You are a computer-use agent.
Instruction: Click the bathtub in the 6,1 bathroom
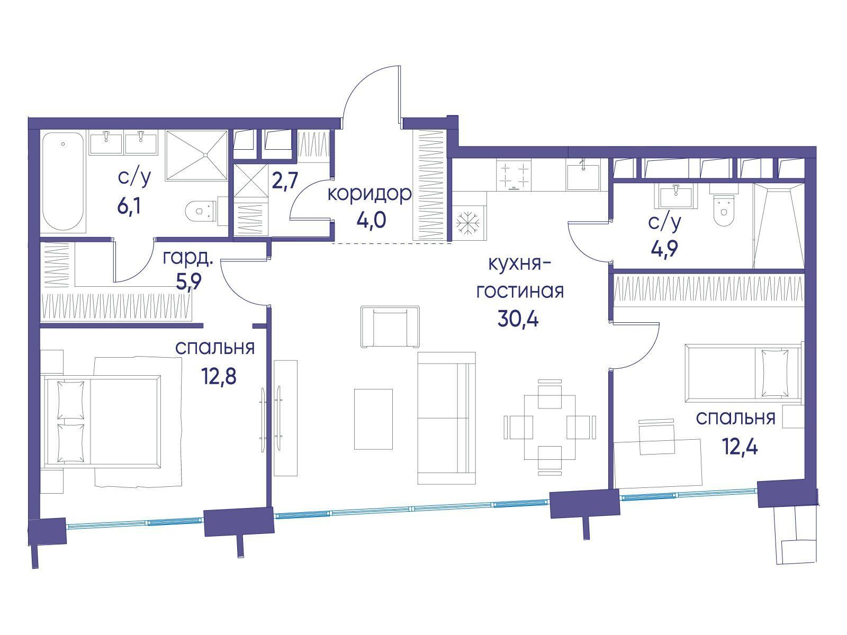click(x=64, y=182)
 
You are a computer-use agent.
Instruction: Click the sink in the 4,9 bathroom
click(x=675, y=196)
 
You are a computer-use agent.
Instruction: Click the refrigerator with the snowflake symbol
click(x=468, y=222)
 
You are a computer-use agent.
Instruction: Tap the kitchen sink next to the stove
click(x=583, y=176)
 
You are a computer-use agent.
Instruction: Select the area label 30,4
click(x=518, y=319)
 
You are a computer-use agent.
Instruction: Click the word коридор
click(x=370, y=194)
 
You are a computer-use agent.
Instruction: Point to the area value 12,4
click(x=740, y=447)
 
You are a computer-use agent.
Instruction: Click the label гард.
click(x=188, y=258)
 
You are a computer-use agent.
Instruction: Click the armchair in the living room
click(x=390, y=326)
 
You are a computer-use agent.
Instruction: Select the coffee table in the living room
click(x=374, y=419)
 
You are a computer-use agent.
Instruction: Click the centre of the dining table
click(x=549, y=427)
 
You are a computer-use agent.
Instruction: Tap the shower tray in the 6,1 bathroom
click(x=196, y=156)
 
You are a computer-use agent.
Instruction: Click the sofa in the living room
click(x=446, y=418)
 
